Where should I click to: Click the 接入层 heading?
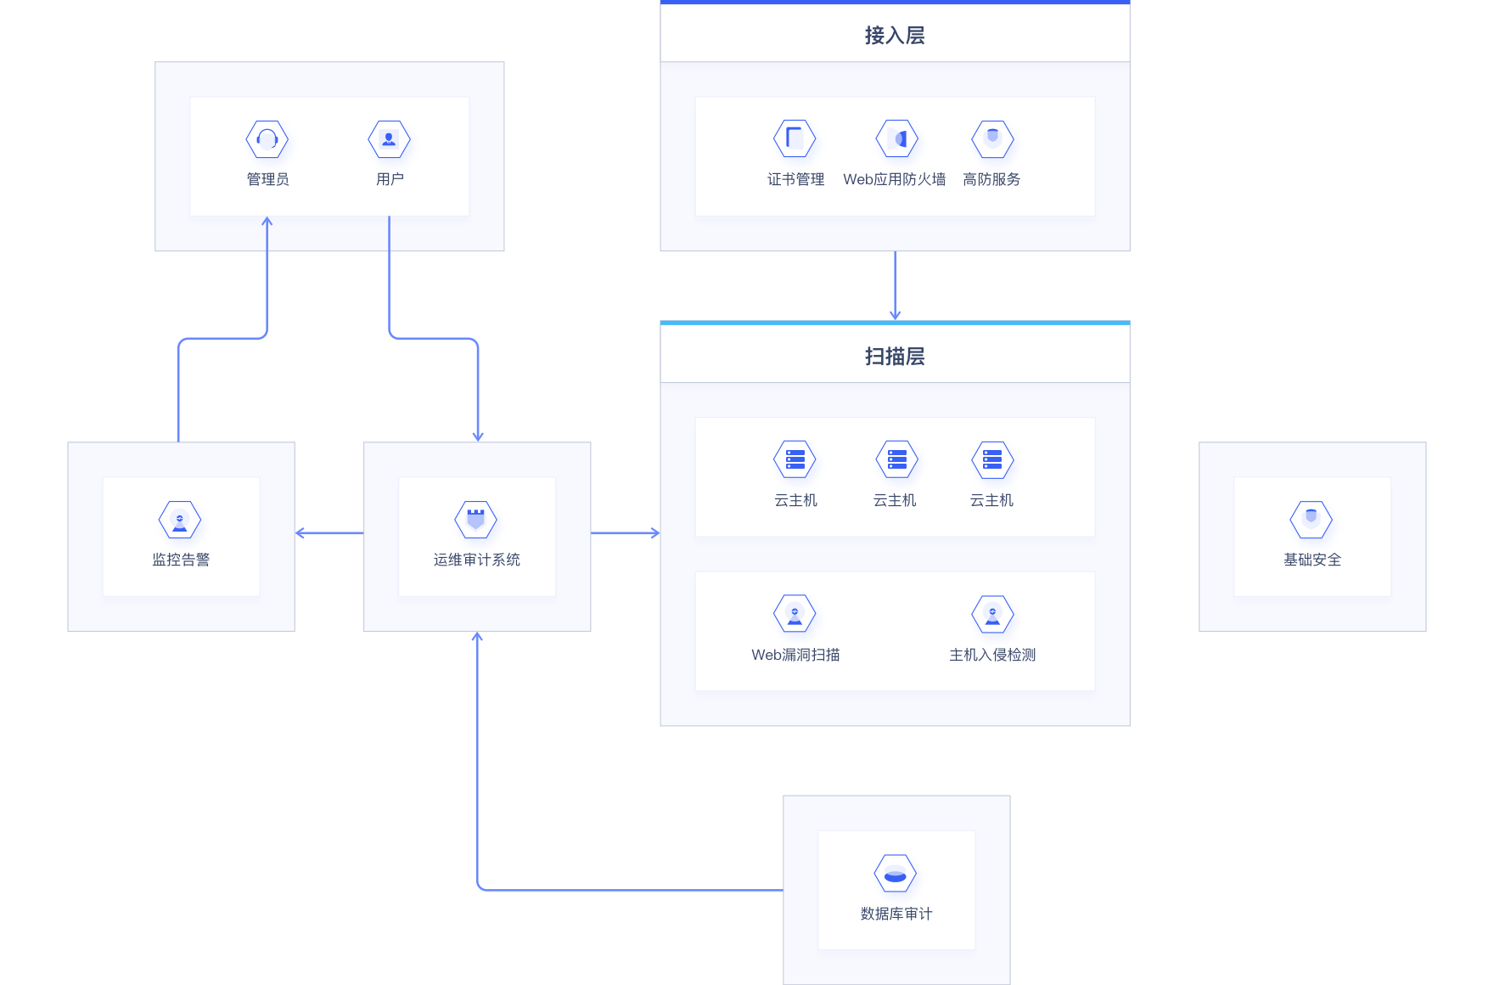(895, 35)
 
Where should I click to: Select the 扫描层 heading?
(895, 356)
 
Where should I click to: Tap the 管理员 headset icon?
(267, 139)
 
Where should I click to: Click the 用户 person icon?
(389, 139)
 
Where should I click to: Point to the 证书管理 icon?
(795, 138)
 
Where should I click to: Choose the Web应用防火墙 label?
(894, 179)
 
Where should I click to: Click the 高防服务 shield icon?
(992, 138)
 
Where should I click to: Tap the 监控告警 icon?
(180, 520)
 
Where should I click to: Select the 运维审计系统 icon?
(476, 520)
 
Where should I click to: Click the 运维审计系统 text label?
(476, 560)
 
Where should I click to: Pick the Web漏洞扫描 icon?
(795, 614)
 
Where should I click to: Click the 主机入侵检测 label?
(992, 655)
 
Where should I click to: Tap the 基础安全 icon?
(1311, 520)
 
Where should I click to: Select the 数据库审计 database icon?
(896, 874)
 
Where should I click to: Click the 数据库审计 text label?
(896, 914)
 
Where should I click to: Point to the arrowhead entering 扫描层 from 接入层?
(895, 315)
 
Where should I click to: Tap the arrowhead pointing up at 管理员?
(267, 222)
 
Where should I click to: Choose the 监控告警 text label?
(180, 560)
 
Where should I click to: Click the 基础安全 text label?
(1311, 560)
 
